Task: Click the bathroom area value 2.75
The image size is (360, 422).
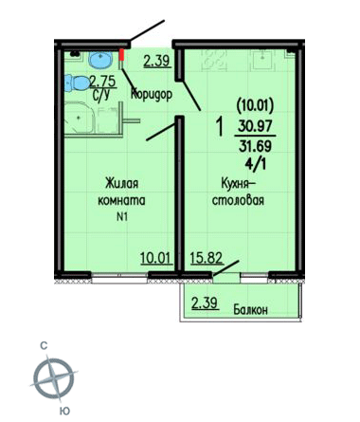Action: click(x=103, y=82)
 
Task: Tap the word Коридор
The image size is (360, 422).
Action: click(x=152, y=94)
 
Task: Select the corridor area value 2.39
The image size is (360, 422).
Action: click(x=157, y=61)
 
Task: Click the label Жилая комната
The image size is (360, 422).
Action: click(x=122, y=192)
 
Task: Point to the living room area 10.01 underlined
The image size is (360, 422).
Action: click(x=156, y=258)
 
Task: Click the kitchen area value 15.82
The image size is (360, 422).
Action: click(x=207, y=258)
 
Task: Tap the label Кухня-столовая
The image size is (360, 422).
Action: click(x=238, y=192)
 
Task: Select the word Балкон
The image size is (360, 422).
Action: click(x=250, y=309)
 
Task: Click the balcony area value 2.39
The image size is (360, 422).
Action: click(x=206, y=303)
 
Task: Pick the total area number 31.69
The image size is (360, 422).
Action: click(x=255, y=146)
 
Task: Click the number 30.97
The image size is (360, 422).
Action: click(x=255, y=127)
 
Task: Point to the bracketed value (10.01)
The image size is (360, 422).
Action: click(x=255, y=106)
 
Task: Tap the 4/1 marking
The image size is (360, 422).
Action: click(x=256, y=164)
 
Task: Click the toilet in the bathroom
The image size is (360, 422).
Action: click(x=77, y=83)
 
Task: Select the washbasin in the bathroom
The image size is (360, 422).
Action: click(x=100, y=60)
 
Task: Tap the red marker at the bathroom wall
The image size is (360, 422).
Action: click(x=121, y=54)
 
